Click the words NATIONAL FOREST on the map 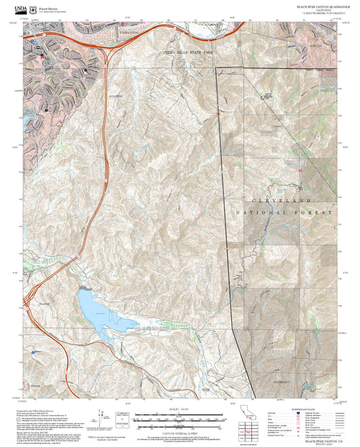click(285, 213)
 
